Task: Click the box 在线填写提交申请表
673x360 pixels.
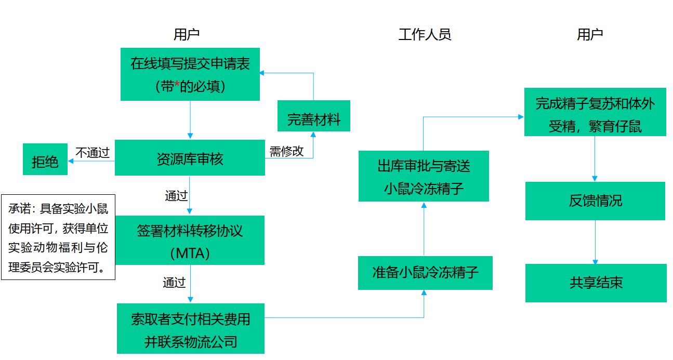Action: (x=190, y=74)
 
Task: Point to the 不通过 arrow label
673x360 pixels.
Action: (x=93, y=152)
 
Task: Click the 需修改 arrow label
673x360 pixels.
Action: (x=286, y=152)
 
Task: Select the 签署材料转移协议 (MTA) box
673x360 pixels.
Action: (x=190, y=240)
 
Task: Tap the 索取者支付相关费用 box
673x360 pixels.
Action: (x=190, y=328)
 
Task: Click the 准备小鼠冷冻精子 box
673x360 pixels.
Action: (x=425, y=273)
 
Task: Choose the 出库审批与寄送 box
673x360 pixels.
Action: (x=424, y=176)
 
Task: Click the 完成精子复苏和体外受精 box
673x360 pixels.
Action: (x=595, y=112)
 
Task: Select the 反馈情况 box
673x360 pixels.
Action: (x=595, y=201)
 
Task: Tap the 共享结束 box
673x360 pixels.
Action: (x=596, y=283)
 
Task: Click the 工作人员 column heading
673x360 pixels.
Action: (x=425, y=35)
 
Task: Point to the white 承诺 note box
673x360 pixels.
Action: (x=58, y=237)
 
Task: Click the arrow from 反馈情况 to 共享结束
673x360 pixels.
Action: (x=596, y=243)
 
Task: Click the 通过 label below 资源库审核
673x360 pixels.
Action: (x=176, y=196)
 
